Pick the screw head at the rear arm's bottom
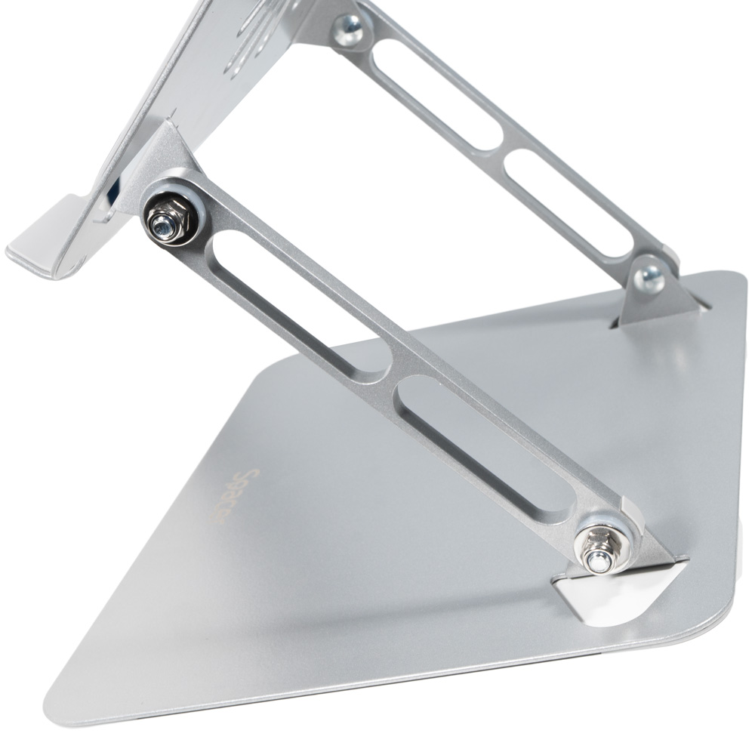(x=650, y=277)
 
